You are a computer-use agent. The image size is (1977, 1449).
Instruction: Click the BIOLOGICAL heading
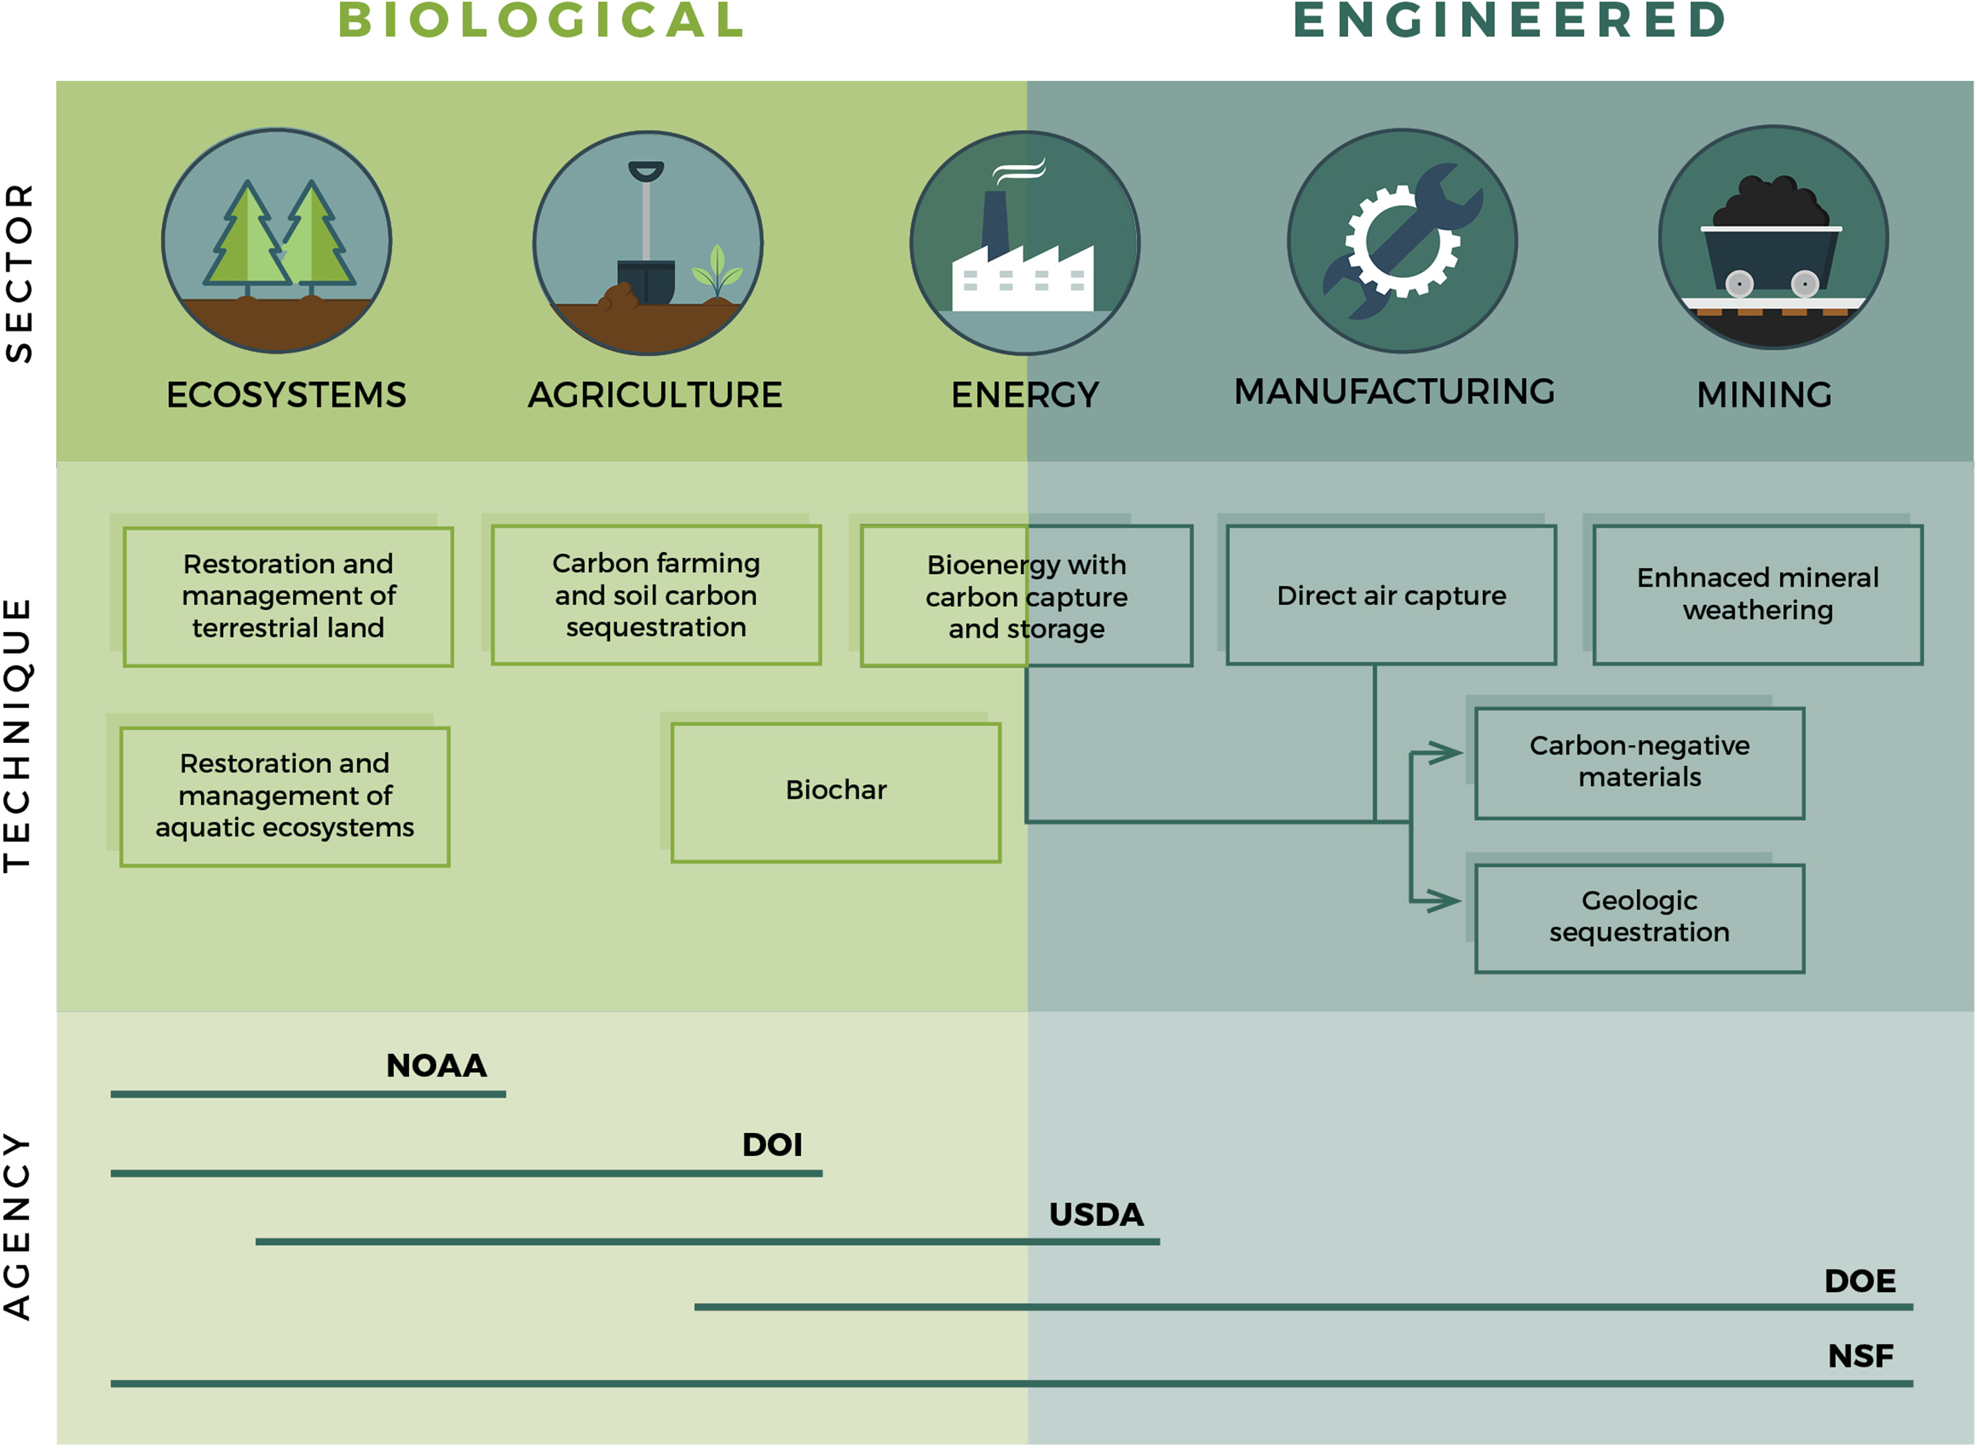tap(542, 20)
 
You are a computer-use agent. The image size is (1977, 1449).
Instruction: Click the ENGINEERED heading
tap(1510, 20)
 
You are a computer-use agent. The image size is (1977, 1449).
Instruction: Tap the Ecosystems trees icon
tap(277, 241)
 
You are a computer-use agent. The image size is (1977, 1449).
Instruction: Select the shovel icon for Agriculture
tap(648, 243)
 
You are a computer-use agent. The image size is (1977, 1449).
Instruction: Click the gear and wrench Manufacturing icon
tap(1402, 241)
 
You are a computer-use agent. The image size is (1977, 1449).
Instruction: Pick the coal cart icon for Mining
tap(1773, 238)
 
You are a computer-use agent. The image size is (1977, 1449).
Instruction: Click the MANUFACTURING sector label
tap(1394, 392)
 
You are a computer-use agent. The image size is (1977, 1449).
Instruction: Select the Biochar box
tap(835, 792)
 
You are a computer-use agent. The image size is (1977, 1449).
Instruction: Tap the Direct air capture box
tap(1391, 596)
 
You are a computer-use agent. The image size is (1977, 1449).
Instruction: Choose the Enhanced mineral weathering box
tap(1758, 594)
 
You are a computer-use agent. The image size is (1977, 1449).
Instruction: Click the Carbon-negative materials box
tap(1639, 763)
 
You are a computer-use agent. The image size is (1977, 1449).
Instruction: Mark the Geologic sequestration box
tap(1639, 917)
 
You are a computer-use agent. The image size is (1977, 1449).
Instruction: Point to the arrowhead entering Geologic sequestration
tap(1443, 901)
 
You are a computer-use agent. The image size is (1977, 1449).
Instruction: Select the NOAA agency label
tap(436, 1066)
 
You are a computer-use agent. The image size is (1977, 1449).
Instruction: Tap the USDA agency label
tap(1096, 1215)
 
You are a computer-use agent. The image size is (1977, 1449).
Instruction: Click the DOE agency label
tap(1860, 1282)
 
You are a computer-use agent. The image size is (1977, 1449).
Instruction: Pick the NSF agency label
tap(1860, 1357)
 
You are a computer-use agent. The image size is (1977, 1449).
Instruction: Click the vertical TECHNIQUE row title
tap(18, 735)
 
